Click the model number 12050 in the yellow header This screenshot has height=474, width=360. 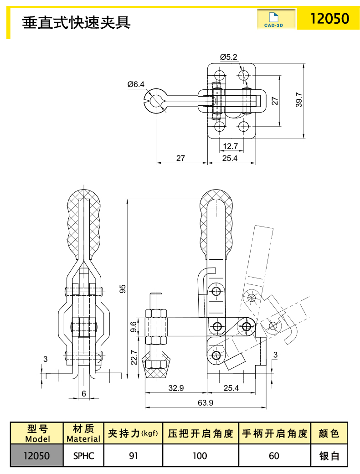pyautogui.click(x=329, y=19)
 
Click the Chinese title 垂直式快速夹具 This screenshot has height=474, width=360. pyautogui.click(x=77, y=21)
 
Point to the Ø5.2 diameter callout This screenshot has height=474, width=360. pyautogui.click(x=228, y=57)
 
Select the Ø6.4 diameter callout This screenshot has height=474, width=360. pyautogui.click(x=136, y=84)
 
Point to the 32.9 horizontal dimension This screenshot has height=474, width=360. pyautogui.click(x=175, y=388)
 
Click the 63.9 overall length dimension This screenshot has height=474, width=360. pyautogui.click(x=206, y=402)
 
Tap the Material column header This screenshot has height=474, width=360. pyautogui.click(x=83, y=433)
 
